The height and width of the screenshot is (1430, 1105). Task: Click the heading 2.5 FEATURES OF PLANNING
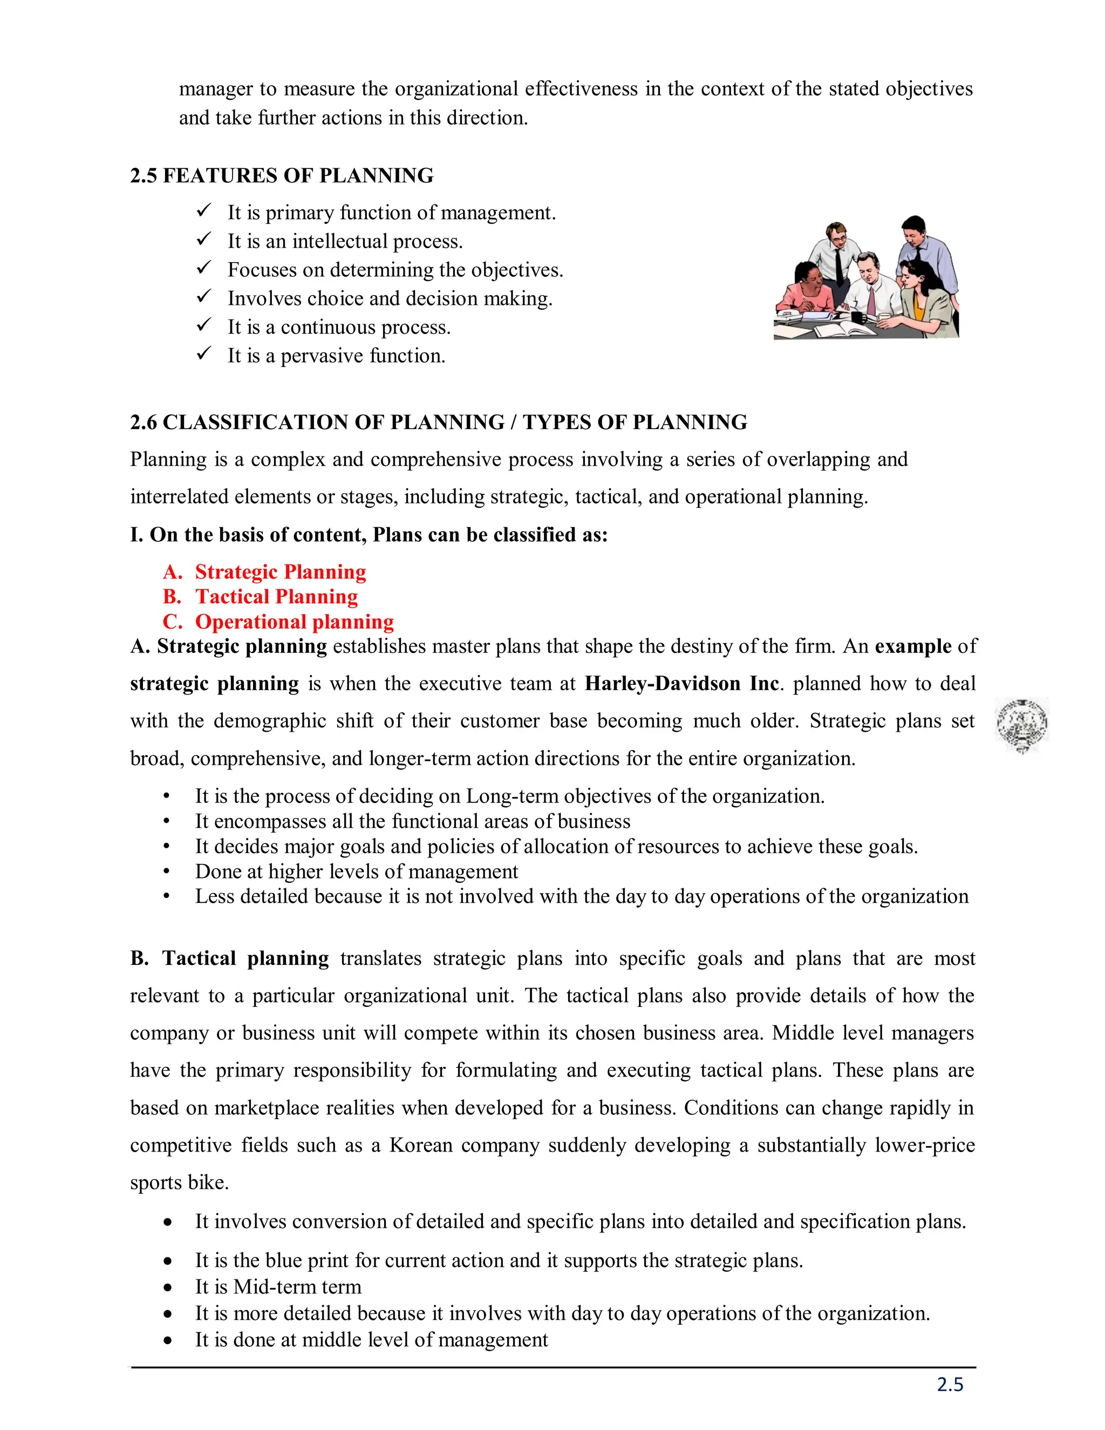[x=282, y=175]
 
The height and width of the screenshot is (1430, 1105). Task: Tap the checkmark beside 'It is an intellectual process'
[x=203, y=240]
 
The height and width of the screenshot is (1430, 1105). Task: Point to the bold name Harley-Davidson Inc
[x=681, y=684]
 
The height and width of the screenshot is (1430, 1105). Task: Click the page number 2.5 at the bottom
[x=950, y=1384]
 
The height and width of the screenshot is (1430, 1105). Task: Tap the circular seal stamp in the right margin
[x=1021, y=724]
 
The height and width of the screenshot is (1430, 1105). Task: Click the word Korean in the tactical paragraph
[x=420, y=1145]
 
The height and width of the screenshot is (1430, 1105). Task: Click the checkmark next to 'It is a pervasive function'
[x=203, y=354]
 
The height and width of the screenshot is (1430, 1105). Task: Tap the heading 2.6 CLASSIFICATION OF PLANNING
[x=438, y=423]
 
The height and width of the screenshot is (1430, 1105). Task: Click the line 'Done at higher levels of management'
[x=356, y=871]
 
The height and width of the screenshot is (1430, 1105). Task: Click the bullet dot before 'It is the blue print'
[x=168, y=1261]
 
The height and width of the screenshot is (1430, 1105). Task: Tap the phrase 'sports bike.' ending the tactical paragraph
[x=179, y=1182]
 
